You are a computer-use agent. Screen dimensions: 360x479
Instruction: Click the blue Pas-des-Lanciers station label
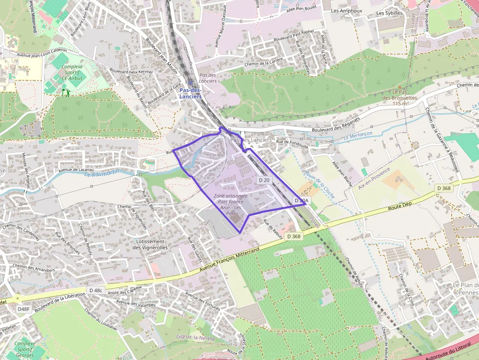click(190, 93)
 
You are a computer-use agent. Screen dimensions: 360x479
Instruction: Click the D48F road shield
click(24, 309)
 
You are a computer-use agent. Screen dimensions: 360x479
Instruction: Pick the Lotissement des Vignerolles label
click(150, 244)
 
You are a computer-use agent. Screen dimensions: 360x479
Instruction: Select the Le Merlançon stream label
click(358, 135)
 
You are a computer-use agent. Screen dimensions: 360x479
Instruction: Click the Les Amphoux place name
click(346, 11)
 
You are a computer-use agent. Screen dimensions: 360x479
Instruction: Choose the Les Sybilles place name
click(390, 13)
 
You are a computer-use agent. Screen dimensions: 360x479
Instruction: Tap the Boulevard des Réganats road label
click(336, 125)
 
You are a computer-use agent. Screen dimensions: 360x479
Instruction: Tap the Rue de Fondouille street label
click(292, 142)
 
